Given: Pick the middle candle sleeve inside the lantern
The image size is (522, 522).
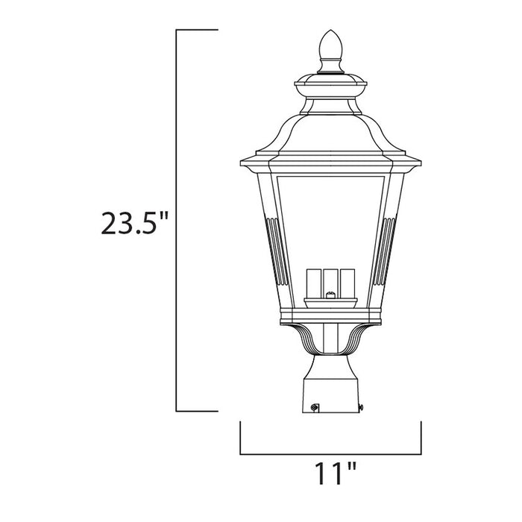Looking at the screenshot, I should pos(329,280).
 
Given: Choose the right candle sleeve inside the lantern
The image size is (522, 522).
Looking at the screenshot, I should pos(347,282).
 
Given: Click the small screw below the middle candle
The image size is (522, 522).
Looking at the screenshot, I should pos(329,296).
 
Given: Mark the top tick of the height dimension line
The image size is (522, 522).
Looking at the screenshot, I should pos(196,30).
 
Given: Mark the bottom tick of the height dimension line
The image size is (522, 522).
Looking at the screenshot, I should pos(196,411).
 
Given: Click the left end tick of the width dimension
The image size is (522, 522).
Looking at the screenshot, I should pos(240,438).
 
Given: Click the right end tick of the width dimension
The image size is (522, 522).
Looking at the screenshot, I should pos(421,438).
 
